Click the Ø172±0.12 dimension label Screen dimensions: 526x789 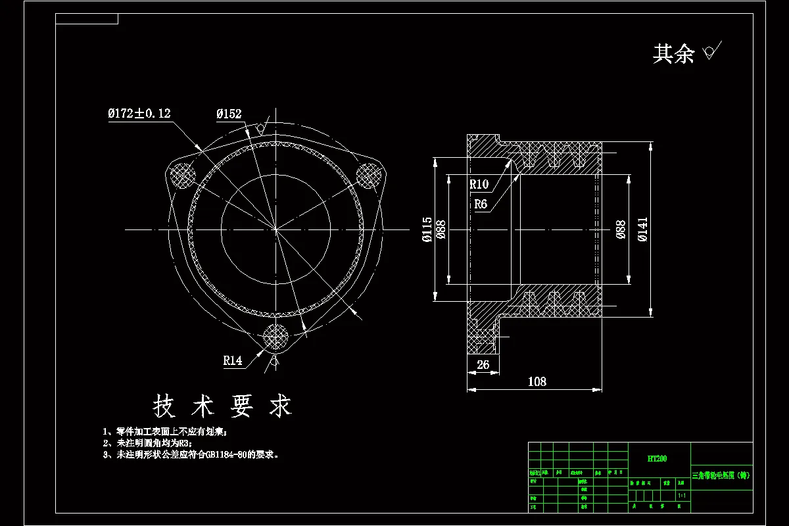click(x=139, y=114)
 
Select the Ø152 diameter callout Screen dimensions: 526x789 click(x=229, y=114)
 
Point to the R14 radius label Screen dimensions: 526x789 click(x=233, y=360)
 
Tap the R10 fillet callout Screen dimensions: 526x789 click(x=479, y=184)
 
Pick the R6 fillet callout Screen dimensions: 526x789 click(x=481, y=204)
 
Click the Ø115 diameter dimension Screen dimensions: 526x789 click(x=427, y=229)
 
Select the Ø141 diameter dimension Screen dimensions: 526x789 click(x=642, y=229)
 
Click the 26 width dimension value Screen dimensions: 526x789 click(x=483, y=365)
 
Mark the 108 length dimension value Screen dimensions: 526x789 click(x=537, y=381)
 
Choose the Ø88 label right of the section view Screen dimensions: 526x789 click(x=620, y=229)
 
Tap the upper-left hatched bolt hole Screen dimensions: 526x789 click(x=181, y=175)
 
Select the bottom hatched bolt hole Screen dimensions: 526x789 click(x=275, y=337)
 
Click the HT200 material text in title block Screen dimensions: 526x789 click(x=657, y=458)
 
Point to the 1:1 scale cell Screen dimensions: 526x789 click(x=681, y=495)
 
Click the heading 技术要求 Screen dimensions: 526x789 click(x=222, y=407)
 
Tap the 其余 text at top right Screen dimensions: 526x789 click(x=673, y=54)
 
